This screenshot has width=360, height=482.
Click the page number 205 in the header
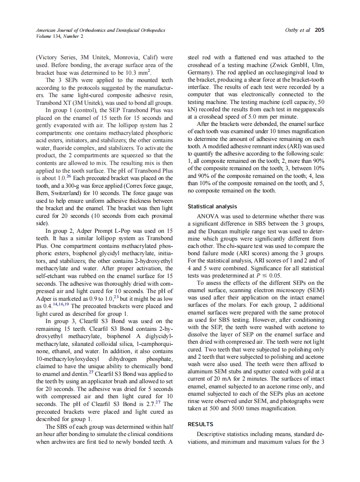319,30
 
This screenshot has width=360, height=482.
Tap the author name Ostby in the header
293,30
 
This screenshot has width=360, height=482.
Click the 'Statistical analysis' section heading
212,207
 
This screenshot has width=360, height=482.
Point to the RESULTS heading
201,424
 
